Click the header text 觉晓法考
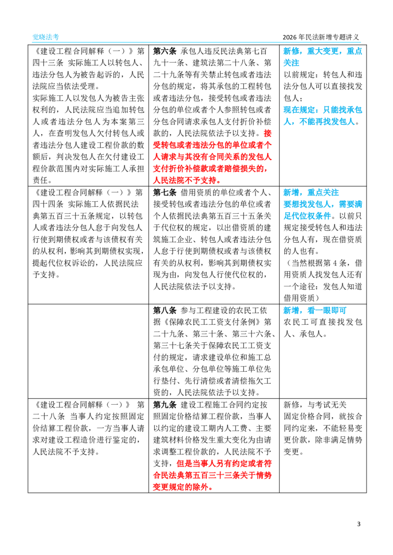coord(46,37)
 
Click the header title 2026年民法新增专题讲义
coord(321,37)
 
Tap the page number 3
coord(359,524)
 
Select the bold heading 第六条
coord(165,51)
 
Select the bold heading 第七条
coord(165,193)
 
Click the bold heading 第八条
coord(165,310)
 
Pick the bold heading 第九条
coord(165,405)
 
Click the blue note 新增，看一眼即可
coord(315,310)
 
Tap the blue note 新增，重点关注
coord(311,193)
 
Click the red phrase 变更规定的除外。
coord(183,487)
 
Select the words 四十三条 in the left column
coord(48,63)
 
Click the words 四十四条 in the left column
coord(48,204)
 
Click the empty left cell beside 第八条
coord(88,351)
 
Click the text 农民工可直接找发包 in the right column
coord(323,322)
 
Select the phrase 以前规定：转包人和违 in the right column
coord(323,75)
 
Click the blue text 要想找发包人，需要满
coord(323,204)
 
